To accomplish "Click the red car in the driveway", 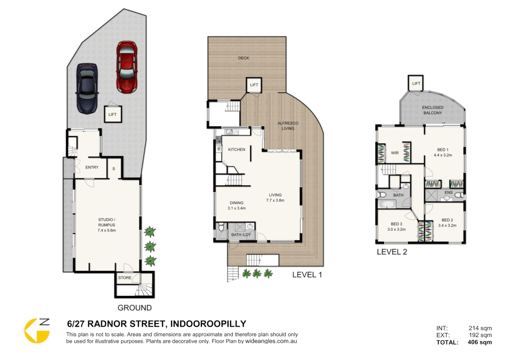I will [x=127, y=67].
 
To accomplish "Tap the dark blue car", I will [x=87, y=88].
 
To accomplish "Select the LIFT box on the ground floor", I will [x=113, y=114].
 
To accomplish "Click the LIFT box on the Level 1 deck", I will [x=254, y=85].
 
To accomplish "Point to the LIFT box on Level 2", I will [x=416, y=83].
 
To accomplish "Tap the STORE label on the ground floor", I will [x=125, y=278].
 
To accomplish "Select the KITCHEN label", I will [x=237, y=150].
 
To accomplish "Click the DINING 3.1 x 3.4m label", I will [x=237, y=206].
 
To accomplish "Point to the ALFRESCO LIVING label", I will [x=288, y=126].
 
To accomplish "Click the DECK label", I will [x=244, y=58].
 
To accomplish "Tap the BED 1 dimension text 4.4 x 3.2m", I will [x=443, y=155].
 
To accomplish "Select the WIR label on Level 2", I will [x=395, y=153].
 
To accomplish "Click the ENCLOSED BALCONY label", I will [x=433, y=110].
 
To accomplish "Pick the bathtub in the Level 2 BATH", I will [x=387, y=204].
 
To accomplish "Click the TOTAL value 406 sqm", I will [x=480, y=342].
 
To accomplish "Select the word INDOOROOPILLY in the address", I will [x=208, y=324].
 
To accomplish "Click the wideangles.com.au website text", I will [x=271, y=341].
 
